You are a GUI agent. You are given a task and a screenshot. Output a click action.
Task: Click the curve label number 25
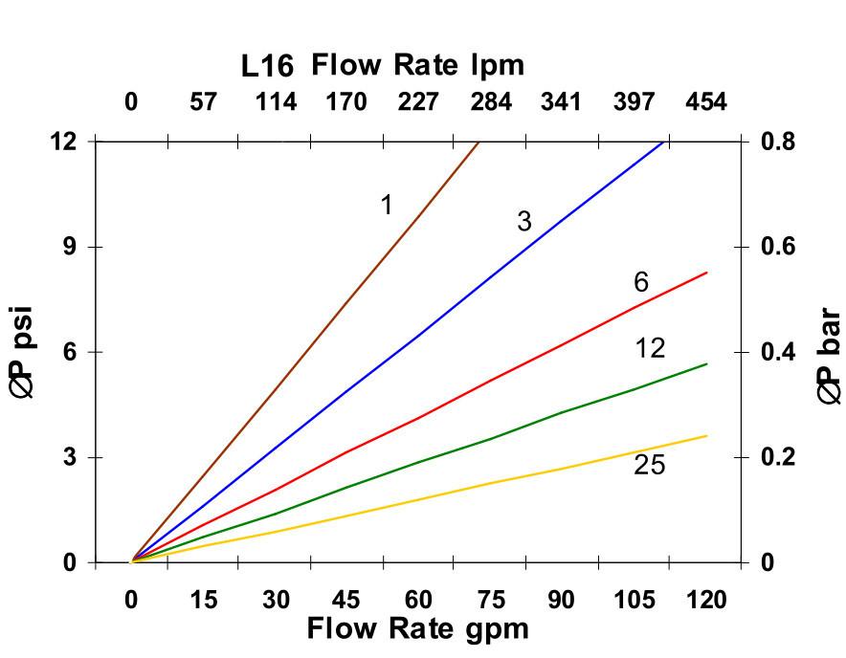[649, 466]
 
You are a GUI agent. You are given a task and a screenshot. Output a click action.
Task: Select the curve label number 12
[650, 348]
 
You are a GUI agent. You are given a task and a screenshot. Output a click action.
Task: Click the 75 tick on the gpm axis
[489, 600]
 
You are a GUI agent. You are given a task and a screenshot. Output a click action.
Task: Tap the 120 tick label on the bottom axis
[704, 600]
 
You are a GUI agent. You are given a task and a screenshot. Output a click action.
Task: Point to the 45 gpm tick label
[345, 600]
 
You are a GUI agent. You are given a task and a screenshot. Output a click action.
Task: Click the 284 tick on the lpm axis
[490, 102]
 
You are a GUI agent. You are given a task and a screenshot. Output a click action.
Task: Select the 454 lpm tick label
[705, 102]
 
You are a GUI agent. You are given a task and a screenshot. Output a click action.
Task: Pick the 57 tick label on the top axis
[203, 102]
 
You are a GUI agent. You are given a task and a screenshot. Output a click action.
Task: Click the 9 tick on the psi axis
[68, 247]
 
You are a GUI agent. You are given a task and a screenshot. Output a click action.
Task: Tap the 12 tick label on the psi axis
[62, 142]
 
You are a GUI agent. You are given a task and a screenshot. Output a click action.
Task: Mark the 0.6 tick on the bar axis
[786, 247]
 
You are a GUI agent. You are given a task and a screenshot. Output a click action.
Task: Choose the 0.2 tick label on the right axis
[786, 457]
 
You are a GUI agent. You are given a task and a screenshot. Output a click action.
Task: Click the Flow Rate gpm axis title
[417, 629]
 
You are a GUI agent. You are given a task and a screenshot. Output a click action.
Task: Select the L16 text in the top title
[267, 67]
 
